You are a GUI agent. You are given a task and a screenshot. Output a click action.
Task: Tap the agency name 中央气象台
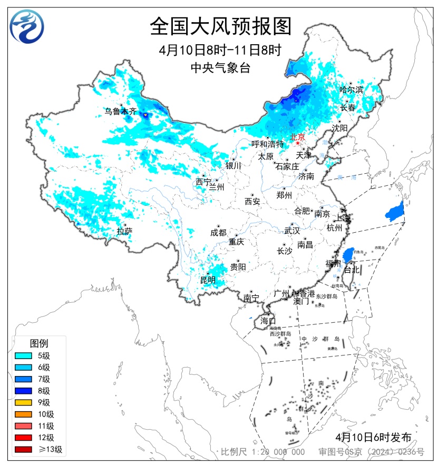(x=220, y=67)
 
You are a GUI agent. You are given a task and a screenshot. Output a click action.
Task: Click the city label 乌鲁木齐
(x=120, y=111)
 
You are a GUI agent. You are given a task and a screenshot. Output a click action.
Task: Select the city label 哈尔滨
(x=352, y=90)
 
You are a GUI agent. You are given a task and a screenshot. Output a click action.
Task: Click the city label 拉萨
(x=124, y=231)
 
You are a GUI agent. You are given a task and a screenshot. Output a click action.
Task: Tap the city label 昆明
(x=207, y=280)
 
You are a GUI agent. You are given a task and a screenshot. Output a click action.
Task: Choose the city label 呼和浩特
(x=267, y=144)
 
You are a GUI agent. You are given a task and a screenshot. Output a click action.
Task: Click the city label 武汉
(x=291, y=231)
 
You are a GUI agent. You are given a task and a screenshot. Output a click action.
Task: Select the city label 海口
(x=268, y=321)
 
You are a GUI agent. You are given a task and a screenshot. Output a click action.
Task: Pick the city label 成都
(x=218, y=233)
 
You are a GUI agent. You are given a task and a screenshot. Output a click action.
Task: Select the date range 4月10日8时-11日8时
(x=220, y=51)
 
